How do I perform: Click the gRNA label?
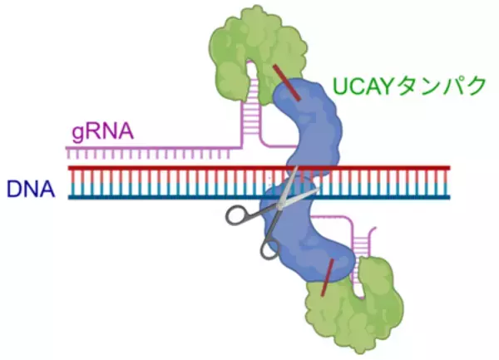pos(97,131)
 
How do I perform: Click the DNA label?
pos(30,190)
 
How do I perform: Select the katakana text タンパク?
pos(445,86)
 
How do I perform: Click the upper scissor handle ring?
pos(238,215)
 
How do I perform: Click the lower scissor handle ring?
pos(269,247)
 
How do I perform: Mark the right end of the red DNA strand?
pos(449,168)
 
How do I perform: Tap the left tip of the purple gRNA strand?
pos(67,148)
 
